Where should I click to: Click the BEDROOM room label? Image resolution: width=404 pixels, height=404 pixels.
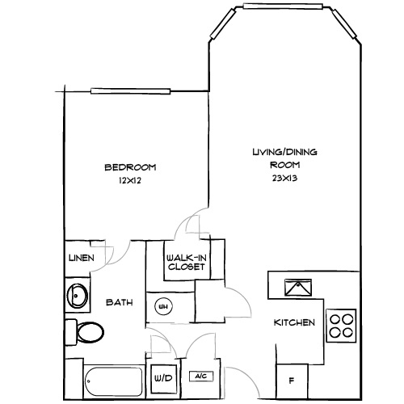[x=130, y=167]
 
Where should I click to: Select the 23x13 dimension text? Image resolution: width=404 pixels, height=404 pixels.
[x=285, y=178]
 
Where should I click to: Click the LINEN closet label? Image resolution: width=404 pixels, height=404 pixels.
[x=81, y=258]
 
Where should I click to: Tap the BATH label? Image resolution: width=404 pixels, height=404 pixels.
[x=120, y=304]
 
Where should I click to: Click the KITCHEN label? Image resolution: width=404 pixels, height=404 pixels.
[x=294, y=322]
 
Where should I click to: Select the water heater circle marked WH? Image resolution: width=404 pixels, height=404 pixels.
[x=162, y=306]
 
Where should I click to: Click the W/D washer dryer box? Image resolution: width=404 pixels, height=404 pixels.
[x=162, y=377]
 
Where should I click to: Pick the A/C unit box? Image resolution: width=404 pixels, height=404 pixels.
[x=200, y=377]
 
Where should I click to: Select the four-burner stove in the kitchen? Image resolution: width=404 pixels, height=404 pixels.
[x=341, y=324]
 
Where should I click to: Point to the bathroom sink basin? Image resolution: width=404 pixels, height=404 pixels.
[x=78, y=296]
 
